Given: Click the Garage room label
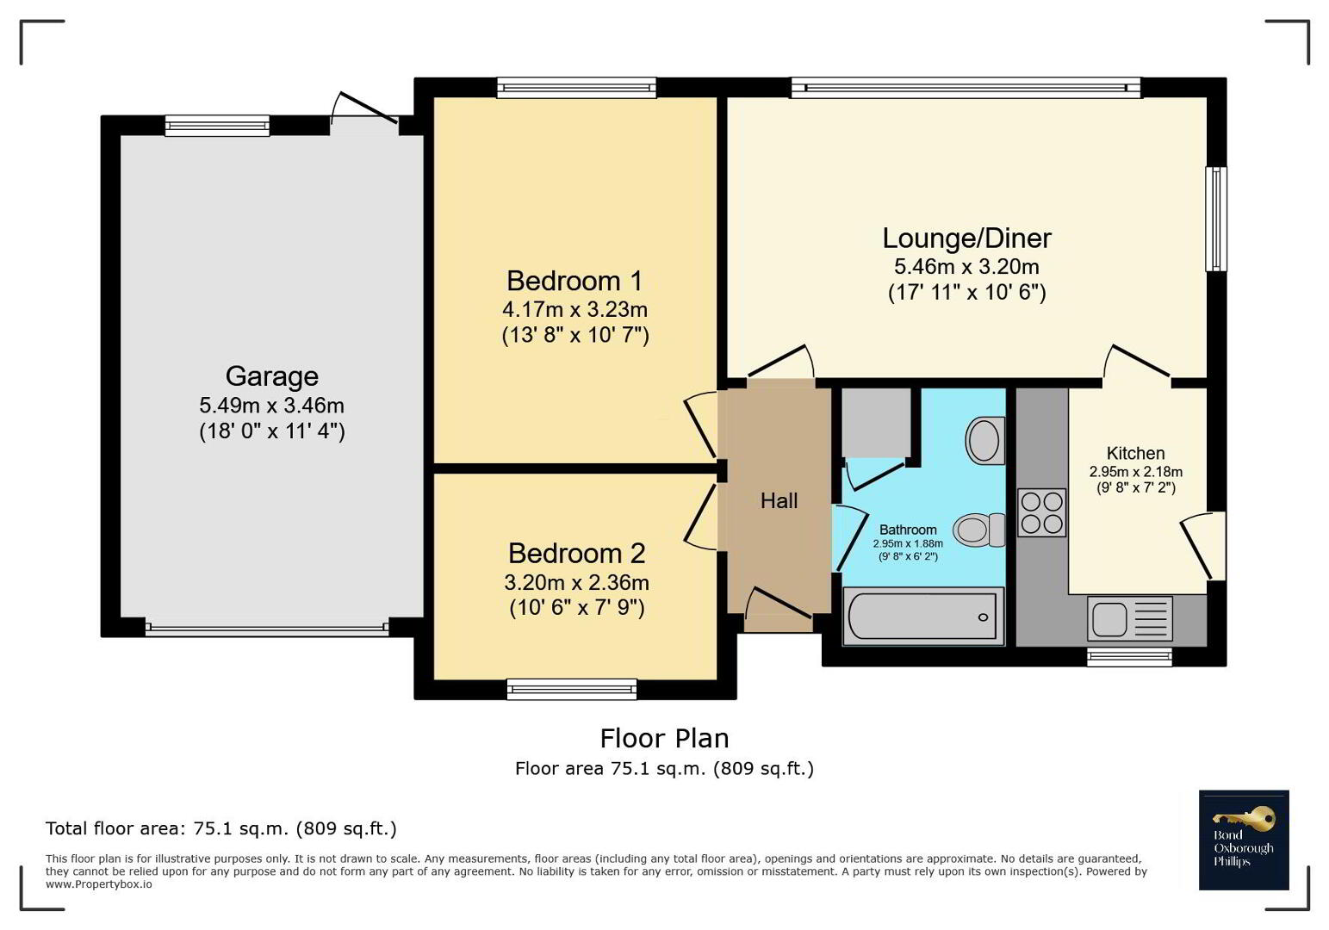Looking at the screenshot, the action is click(271, 376).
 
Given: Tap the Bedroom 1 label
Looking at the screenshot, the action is click(574, 281).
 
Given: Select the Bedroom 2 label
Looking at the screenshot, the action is click(577, 554).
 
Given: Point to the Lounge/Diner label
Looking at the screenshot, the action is click(966, 239).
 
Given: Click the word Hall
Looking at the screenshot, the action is click(779, 501).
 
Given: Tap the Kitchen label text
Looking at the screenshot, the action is click(1135, 453).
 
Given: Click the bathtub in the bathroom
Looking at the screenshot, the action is click(923, 617).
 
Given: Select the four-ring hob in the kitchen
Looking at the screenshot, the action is click(1042, 512).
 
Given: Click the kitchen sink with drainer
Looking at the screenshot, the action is click(1130, 618).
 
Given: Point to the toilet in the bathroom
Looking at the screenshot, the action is click(979, 529).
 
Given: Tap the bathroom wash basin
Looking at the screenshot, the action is click(985, 441).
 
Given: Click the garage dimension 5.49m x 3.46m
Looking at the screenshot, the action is click(271, 406).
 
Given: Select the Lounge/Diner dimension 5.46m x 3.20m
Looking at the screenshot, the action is click(966, 267).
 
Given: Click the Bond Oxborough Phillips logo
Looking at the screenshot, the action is click(1244, 840).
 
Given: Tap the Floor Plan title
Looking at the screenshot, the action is click(665, 739).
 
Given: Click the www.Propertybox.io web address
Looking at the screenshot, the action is click(99, 884).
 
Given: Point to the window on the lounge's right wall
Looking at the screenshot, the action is click(1215, 219).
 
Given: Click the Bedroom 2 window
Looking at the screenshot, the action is click(572, 689).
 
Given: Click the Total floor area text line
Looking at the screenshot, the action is click(220, 828).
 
